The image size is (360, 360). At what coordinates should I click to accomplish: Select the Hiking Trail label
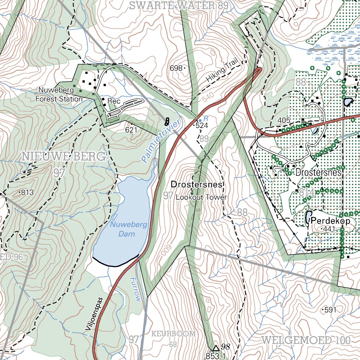222,71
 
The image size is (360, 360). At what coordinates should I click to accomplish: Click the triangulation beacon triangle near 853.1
216,348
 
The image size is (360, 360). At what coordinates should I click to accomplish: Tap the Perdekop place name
330,221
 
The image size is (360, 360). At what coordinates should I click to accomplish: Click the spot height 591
330,310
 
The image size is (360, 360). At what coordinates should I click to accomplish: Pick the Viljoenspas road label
94,314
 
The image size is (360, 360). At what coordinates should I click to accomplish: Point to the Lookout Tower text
201,197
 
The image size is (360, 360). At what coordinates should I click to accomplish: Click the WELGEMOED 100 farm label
306,340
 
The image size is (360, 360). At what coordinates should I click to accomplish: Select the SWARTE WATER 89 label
179,5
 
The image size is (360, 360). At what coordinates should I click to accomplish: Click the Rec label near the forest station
114,101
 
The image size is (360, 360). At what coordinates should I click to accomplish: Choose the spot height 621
130,130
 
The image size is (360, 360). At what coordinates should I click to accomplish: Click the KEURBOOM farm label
173,334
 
